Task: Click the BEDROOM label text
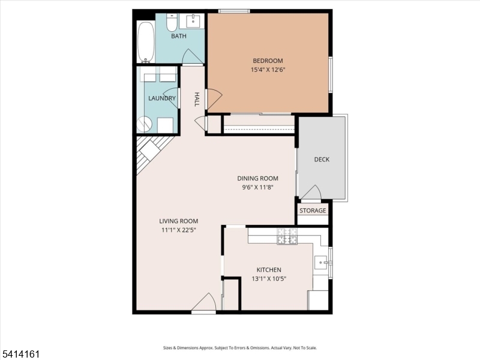pos(268,61)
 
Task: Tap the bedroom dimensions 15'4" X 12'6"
pos(268,70)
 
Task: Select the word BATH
pos(179,36)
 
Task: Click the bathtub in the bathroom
pos(146,42)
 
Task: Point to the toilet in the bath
pos(171,23)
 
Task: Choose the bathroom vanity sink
pos(193,22)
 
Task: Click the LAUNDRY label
pos(161,98)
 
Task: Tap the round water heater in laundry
pos(145,124)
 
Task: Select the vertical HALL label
pos(197,99)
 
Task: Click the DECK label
pos(322,160)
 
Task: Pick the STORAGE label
pos(313,211)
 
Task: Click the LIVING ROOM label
pos(179,221)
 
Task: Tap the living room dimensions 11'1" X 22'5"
pos(179,230)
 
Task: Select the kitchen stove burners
pos(287,237)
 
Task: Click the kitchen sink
pos(322,262)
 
